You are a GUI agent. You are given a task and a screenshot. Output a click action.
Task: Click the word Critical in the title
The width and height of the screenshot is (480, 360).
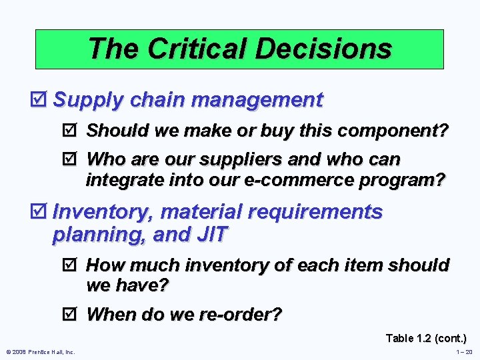click(197, 49)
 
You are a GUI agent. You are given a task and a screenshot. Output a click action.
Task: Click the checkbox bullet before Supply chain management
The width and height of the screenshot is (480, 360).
click(42, 100)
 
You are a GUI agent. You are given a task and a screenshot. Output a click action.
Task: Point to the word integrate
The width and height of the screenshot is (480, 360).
click(124, 180)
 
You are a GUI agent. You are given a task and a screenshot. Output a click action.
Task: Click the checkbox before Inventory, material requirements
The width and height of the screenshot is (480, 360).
click(42, 213)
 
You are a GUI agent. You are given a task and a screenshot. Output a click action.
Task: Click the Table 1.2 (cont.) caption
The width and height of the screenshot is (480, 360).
click(426, 339)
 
